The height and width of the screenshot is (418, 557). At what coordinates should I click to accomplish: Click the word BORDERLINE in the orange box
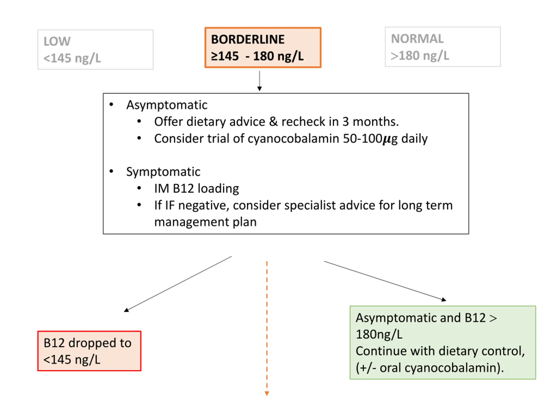(x=248, y=40)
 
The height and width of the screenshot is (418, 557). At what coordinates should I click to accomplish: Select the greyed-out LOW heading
(x=57, y=41)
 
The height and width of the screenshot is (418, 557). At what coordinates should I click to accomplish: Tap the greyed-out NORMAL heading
(x=417, y=39)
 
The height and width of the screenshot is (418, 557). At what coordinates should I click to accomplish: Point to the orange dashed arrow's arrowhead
(x=267, y=394)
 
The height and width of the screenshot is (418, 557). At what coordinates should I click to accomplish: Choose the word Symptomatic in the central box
(x=163, y=172)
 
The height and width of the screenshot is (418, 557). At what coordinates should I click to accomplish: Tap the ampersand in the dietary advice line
(x=273, y=122)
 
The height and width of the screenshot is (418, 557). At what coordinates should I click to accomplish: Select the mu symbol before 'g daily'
(x=387, y=139)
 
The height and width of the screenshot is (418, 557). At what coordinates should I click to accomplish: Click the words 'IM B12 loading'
(x=196, y=189)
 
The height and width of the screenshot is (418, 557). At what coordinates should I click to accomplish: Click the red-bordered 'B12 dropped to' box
(x=89, y=351)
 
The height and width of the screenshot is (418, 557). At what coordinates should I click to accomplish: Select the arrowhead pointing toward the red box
(x=126, y=310)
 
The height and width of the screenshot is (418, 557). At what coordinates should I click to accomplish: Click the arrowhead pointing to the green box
(x=444, y=299)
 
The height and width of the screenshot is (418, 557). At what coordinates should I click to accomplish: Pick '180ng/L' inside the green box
(x=379, y=335)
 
